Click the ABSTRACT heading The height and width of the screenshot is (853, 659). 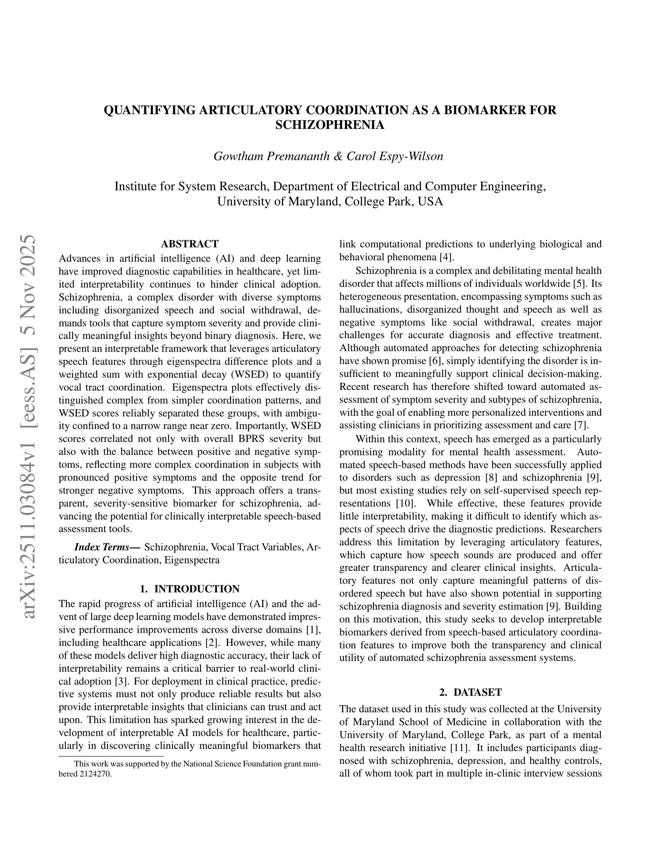tap(190, 244)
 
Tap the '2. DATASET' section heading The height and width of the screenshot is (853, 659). tap(471, 692)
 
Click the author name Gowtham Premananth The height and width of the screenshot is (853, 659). tap(271, 156)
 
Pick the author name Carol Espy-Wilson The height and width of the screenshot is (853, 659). tap(395, 156)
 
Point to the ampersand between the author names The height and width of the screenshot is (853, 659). tap(338, 156)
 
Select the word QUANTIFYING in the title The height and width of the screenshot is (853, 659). tap(150, 110)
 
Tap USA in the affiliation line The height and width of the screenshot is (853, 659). tap(431, 201)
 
